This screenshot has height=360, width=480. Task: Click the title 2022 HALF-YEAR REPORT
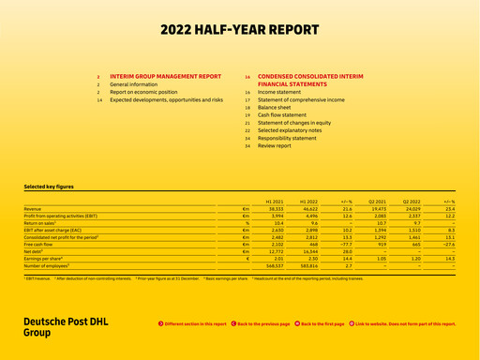click(x=240, y=30)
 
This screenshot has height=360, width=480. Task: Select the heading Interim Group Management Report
click(x=165, y=76)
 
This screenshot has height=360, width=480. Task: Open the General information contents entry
click(x=133, y=84)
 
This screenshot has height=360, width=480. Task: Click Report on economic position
click(x=142, y=92)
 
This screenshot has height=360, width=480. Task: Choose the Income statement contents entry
click(x=279, y=93)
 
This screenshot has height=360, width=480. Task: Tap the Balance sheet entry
click(x=275, y=108)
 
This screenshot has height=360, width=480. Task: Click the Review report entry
click(x=275, y=146)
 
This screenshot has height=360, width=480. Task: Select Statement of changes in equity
click(x=294, y=123)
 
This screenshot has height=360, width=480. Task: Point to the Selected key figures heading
click(x=49, y=187)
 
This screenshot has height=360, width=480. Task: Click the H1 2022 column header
click(x=309, y=201)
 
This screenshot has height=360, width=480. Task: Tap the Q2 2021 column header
click(x=378, y=201)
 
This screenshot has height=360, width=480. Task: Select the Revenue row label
click(x=33, y=208)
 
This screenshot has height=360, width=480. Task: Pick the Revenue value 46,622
click(x=309, y=208)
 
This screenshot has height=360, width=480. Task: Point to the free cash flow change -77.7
click(x=346, y=244)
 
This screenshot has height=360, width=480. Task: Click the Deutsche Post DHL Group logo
click(x=66, y=326)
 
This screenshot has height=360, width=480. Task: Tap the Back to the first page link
click(x=320, y=322)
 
